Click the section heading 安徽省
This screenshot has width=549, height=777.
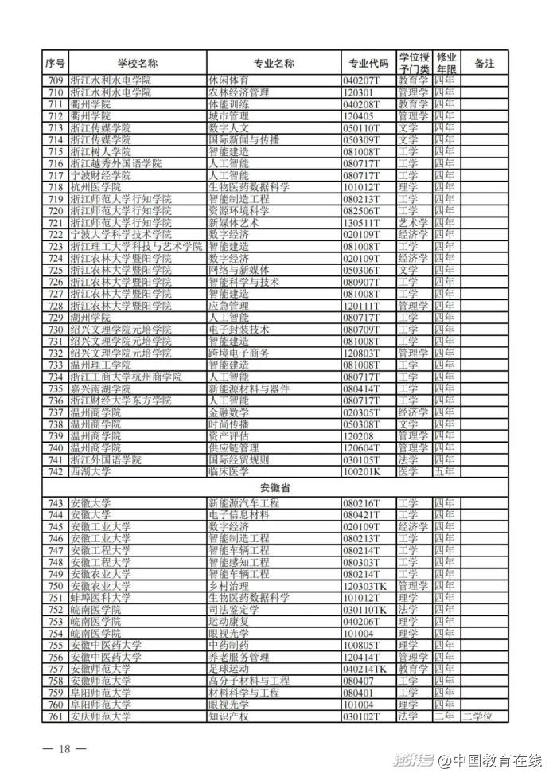274,487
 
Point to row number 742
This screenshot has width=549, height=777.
55,472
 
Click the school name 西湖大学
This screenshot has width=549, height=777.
91,472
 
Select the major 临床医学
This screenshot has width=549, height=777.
228,472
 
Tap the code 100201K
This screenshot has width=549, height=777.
362,472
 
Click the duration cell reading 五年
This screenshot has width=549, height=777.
445,472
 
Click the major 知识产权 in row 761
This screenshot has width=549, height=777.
228,716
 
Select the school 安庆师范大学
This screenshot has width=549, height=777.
100,716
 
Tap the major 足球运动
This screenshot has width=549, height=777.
228,670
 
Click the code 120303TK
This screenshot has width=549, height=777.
365,586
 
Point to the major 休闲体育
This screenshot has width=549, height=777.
228,80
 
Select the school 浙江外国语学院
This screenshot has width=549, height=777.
105,460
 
